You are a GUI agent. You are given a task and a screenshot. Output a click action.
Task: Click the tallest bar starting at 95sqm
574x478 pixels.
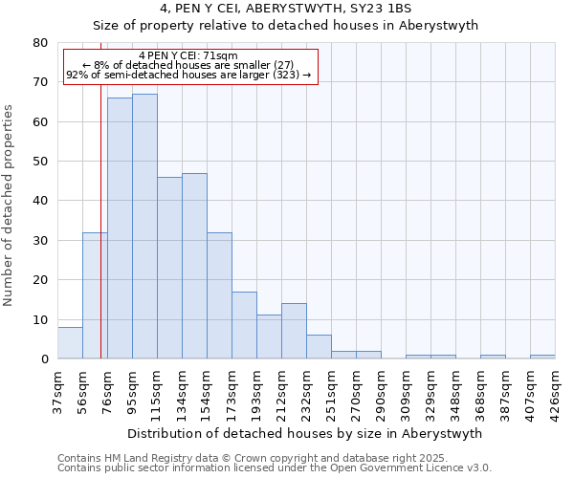(144, 227)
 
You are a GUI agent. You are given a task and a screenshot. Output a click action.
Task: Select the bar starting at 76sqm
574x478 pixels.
(120, 228)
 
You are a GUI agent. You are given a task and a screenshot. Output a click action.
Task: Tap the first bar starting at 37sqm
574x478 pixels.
(70, 342)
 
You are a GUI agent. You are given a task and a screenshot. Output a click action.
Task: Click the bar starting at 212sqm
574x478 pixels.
(294, 331)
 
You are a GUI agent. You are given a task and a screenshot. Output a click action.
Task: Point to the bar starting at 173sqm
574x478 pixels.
(244, 325)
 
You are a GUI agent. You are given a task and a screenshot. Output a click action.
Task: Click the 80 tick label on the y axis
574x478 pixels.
(40, 43)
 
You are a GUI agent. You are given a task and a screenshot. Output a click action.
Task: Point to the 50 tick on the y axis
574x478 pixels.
(40, 162)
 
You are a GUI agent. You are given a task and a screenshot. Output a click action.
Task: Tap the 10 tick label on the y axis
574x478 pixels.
(40, 320)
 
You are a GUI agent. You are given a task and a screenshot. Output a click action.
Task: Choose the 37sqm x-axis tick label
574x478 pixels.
(58, 392)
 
